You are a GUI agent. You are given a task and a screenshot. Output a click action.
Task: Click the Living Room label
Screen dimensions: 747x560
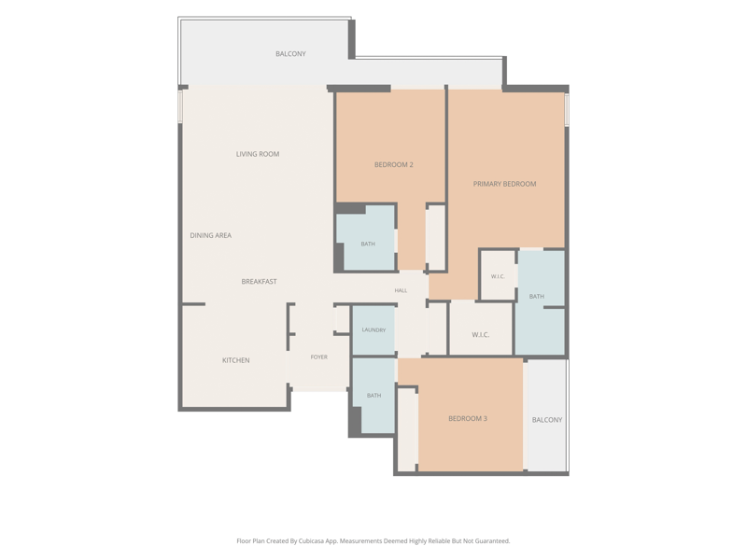click(x=258, y=154)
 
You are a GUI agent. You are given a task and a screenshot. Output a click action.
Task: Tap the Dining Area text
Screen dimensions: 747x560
click(x=211, y=235)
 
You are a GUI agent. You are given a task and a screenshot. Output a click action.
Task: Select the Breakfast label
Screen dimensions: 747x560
click(x=259, y=282)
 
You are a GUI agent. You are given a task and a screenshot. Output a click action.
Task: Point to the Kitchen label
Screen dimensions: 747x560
click(x=236, y=360)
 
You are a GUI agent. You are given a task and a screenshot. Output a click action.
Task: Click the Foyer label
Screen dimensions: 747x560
click(x=319, y=357)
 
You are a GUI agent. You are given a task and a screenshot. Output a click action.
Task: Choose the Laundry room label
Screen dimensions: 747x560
click(x=373, y=330)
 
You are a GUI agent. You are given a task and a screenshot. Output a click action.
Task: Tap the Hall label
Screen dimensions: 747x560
click(x=401, y=290)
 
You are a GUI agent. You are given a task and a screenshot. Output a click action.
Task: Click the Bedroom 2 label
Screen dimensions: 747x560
click(x=393, y=165)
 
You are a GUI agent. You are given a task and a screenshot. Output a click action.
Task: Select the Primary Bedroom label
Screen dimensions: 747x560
click(x=504, y=184)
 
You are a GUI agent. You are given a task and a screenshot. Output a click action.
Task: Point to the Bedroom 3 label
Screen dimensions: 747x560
click(x=468, y=418)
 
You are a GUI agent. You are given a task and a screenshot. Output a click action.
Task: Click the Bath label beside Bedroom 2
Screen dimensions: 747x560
click(x=368, y=244)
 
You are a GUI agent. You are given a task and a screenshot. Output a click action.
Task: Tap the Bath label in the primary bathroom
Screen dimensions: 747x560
click(x=536, y=296)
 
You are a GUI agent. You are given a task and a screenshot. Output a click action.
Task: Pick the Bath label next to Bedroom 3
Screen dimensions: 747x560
click(x=374, y=395)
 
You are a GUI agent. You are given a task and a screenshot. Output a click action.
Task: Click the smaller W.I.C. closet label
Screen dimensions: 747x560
click(x=498, y=276)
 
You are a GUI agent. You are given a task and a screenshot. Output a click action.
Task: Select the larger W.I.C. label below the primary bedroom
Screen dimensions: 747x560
click(x=481, y=335)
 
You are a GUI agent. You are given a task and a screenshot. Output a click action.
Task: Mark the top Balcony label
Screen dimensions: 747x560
click(x=290, y=54)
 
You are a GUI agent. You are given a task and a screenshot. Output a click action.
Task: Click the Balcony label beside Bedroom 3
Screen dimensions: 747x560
click(x=547, y=420)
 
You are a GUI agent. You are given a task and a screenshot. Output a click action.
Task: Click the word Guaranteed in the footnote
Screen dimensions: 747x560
click(x=493, y=541)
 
